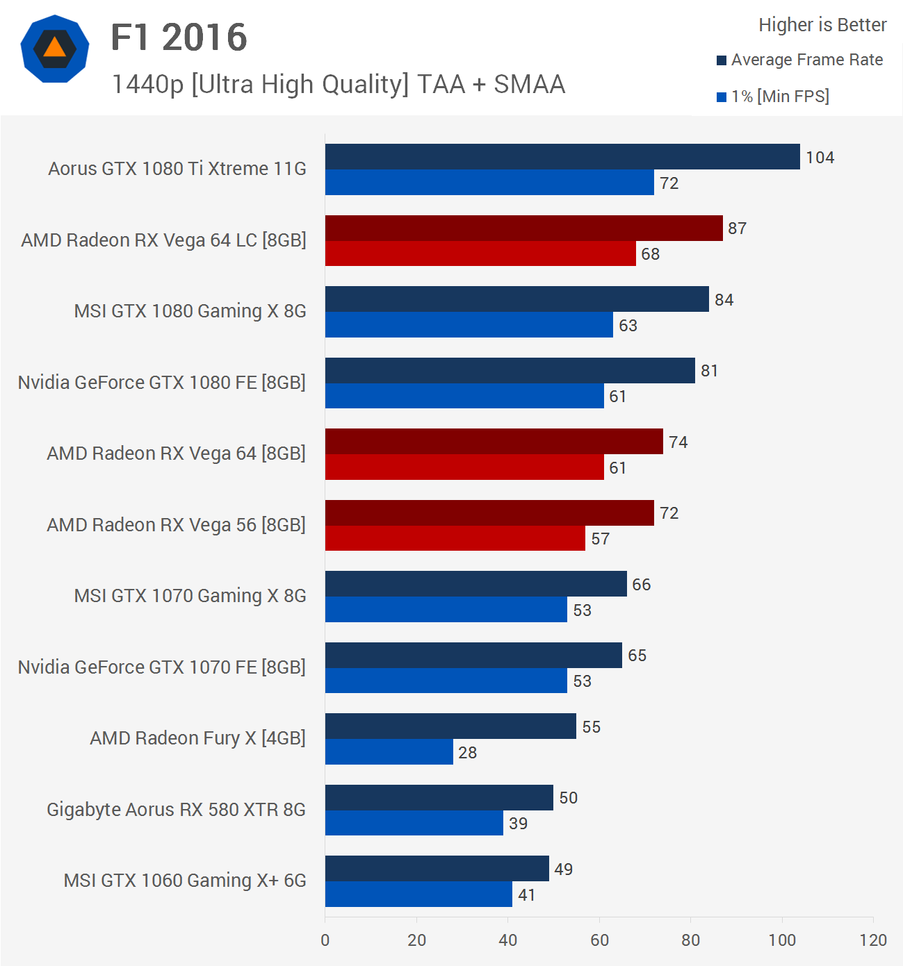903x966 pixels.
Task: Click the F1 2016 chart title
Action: (x=179, y=38)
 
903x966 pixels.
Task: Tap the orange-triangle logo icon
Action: (x=55, y=49)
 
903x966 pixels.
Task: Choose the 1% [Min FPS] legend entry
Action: (x=773, y=97)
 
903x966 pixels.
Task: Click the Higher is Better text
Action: (x=822, y=25)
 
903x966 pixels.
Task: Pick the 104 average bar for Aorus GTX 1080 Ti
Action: (x=562, y=157)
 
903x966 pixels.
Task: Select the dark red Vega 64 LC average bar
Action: (x=523, y=228)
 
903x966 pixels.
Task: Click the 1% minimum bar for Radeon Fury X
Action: (x=389, y=752)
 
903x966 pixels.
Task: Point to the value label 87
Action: (x=737, y=228)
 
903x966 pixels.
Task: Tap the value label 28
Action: (x=467, y=753)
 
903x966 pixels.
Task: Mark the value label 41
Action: (x=527, y=895)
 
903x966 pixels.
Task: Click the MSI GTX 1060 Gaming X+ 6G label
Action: (x=185, y=881)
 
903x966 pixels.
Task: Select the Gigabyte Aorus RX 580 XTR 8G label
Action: (x=176, y=810)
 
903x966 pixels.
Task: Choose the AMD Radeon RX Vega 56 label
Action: (x=176, y=525)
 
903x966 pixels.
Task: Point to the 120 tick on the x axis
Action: (x=873, y=940)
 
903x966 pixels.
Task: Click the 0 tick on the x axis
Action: (x=325, y=940)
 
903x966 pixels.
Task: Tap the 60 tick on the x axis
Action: (x=599, y=940)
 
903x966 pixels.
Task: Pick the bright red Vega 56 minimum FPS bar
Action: (x=455, y=538)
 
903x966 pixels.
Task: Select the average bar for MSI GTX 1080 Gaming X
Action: (x=516, y=299)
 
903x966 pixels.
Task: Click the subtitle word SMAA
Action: (x=529, y=85)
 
